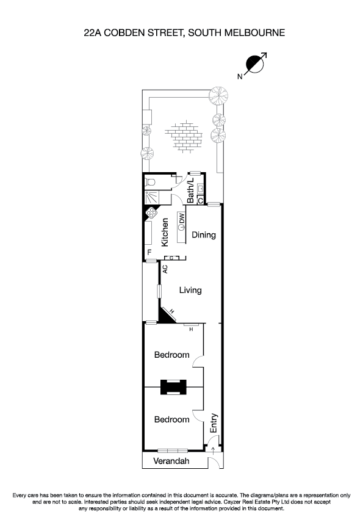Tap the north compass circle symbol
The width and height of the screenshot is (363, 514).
tap(253, 63)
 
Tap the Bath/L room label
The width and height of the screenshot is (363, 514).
tap(190, 190)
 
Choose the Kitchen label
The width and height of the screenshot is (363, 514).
tap(165, 233)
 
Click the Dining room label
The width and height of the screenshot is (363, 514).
tap(204, 234)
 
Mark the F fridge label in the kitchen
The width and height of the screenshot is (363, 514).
tap(149, 253)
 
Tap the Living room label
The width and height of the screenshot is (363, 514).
tap(190, 291)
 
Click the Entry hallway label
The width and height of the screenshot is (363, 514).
tap(214, 423)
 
